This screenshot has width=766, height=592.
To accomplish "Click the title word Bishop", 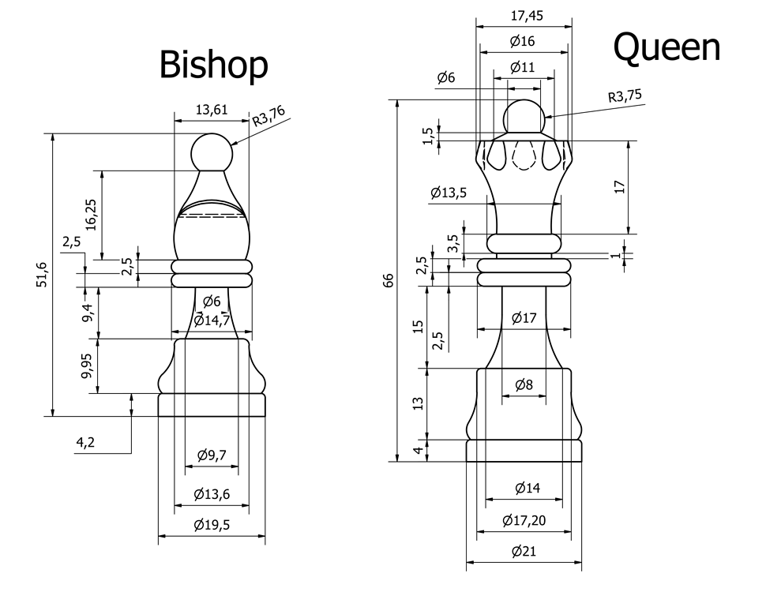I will coord(213,65).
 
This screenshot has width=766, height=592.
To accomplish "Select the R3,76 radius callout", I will coord(268,117).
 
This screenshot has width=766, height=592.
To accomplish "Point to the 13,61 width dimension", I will coord(212,110).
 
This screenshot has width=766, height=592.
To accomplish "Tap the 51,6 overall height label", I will coord(42,275).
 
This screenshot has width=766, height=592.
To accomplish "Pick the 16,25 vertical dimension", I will coord(92,214).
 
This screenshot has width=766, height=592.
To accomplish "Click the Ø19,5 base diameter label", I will coord(212,526).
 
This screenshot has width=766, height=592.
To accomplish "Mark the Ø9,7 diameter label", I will coord(212,455).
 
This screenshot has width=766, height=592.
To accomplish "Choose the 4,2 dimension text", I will coord(85,443).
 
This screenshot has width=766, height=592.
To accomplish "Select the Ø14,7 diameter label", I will coord(212,320).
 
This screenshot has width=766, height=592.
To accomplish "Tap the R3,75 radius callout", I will coord(625,97).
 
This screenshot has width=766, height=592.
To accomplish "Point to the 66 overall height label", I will coord(388,280).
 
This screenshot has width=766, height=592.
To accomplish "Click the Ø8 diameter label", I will coord(524,384).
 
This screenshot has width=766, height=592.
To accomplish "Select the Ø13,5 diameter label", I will coord(448,192).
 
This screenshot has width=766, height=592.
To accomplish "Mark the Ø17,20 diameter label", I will coord(524,521).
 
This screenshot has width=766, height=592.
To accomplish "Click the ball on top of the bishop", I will coord(212,152).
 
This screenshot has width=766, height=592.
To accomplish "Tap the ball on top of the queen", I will coord(524,118).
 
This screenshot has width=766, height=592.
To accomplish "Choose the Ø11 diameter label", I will coord(523,67).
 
